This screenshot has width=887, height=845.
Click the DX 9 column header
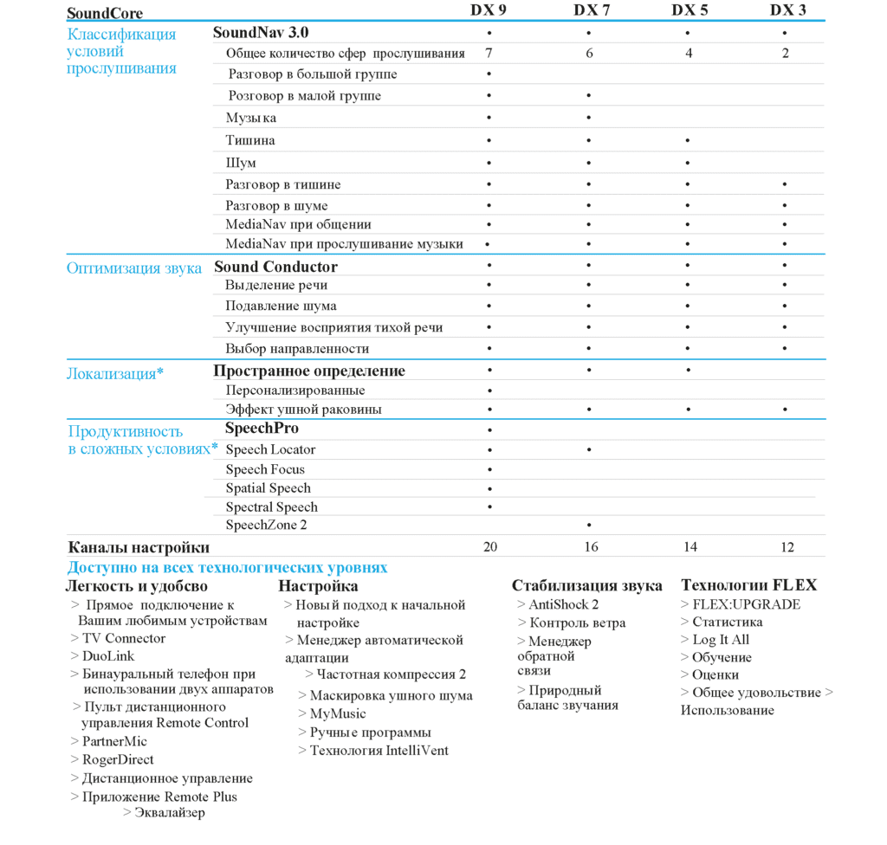[489, 10]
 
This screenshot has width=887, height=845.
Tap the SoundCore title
[105, 13]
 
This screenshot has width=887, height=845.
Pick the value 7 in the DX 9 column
[489, 53]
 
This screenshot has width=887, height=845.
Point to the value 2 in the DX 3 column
[786, 53]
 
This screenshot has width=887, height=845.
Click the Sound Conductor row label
[275, 267]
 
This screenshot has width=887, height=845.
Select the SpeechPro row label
[262, 429]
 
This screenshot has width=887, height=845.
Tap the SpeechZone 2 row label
[266, 525]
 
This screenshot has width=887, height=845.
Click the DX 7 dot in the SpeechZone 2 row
[589, 526]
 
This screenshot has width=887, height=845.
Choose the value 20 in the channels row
[490, 547]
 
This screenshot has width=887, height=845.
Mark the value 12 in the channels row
[786, 547]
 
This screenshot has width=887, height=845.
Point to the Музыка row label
[251, 118]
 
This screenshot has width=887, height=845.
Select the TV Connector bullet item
[123, 639]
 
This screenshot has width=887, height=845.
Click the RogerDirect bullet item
[118, 760]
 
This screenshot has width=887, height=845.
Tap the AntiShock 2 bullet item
[563, 605]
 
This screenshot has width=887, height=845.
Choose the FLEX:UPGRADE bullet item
[746, 604]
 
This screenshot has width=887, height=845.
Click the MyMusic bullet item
[337, 714]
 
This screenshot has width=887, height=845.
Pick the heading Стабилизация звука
[586, 585]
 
